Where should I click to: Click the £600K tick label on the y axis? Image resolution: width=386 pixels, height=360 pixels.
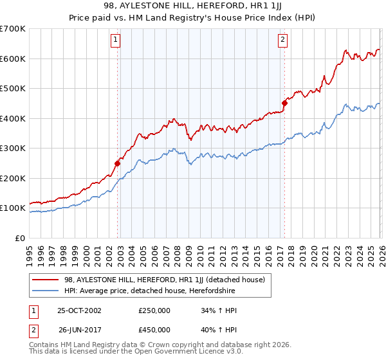12,59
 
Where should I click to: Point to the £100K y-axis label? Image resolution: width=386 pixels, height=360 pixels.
12,208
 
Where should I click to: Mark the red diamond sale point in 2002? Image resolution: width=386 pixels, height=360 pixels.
118,163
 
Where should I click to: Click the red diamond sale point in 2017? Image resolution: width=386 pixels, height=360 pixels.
284,103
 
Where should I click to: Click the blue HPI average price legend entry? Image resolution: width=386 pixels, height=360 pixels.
150,291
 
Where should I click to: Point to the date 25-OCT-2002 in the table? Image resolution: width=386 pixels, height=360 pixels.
79,310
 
